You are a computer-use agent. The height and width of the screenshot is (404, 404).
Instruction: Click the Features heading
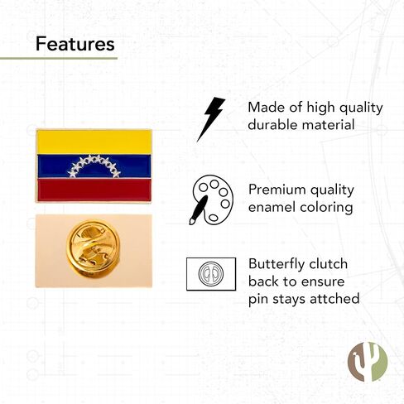tap(75, 44)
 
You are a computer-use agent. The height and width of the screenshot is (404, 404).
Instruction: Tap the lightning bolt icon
tap(211, 119)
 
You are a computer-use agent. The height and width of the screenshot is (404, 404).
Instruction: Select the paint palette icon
tap(212, 200)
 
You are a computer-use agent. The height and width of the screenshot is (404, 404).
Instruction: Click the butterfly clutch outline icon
tap(211, 274)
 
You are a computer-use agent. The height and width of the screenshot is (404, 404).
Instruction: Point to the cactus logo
tap(368, 362)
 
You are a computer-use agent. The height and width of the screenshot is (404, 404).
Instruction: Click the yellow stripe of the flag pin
tap(94, 142)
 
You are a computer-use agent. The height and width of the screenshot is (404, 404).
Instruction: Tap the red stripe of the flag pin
tap(94, 190)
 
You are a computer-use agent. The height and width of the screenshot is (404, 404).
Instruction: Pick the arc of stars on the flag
tap(94, 166)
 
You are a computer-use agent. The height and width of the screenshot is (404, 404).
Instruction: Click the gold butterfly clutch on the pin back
tap(94, 249)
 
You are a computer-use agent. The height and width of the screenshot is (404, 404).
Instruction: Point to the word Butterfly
tap(277, 265)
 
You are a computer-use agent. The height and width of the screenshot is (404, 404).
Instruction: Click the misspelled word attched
tap(334, 299)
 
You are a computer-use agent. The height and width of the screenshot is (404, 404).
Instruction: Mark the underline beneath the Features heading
tap(59, 58)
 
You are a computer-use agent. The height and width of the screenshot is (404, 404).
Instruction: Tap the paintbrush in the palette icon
tap(198, 210)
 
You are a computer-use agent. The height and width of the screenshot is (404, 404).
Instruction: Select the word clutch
tap(328, 264)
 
